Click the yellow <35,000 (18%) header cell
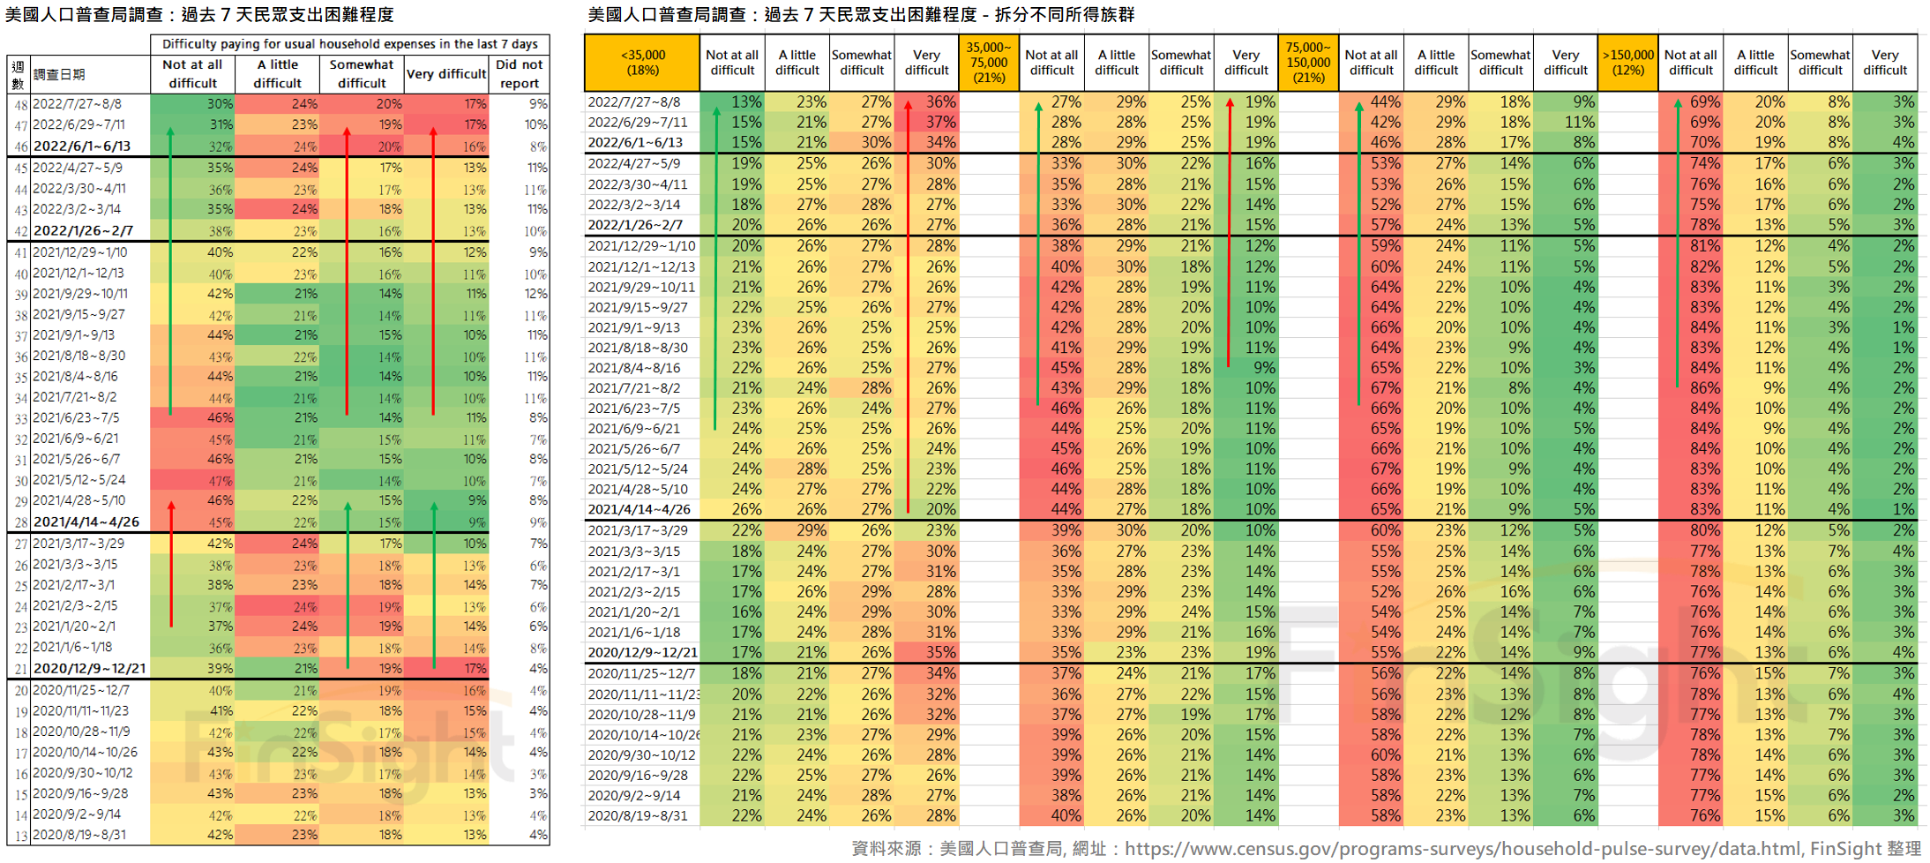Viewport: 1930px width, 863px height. click(642, 63)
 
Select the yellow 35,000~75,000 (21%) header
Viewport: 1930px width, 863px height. click(988, 63)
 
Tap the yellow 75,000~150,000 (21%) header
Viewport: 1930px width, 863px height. click(1307, 63)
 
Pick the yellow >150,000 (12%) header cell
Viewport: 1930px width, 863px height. click(1627, 63)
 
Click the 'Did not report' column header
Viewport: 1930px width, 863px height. click(519, 74)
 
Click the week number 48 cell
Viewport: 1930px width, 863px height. click(19, 104)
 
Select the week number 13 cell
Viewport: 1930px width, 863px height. click(19, 835)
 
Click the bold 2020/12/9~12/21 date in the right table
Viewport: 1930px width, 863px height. click(642, 653)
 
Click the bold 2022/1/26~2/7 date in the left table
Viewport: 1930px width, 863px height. click(83, 231)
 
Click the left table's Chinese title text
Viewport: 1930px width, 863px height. click(199, 15)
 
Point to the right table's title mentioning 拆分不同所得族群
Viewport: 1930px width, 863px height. click(861, 15)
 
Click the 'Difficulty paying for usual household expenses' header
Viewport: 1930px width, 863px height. click(349, 44)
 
